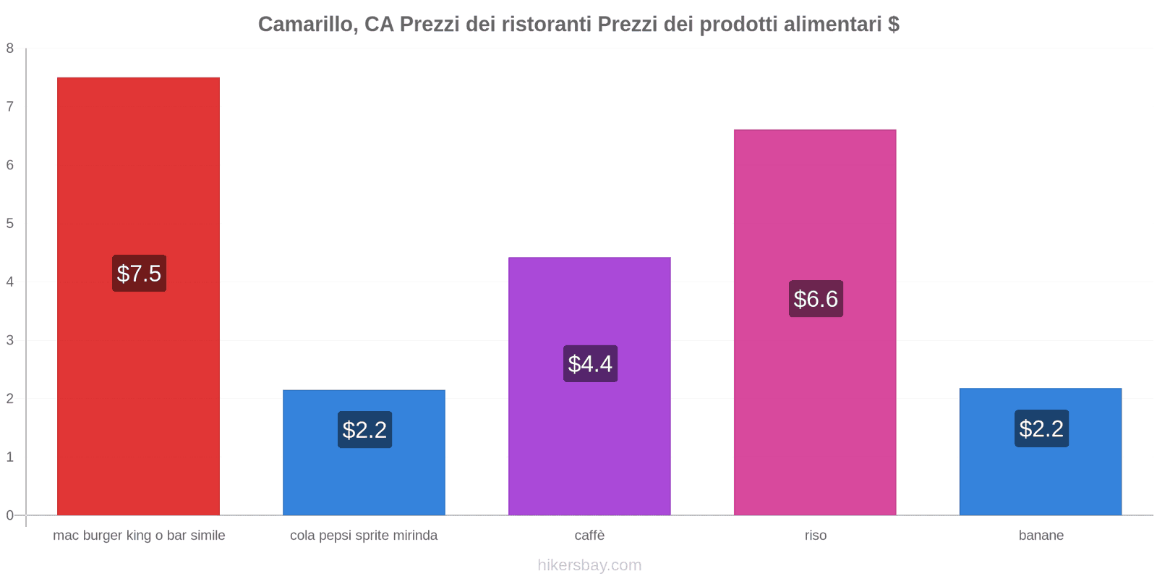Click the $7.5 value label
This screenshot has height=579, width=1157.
(x=139, y=274)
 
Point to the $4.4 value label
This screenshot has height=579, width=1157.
(x=590, y=363)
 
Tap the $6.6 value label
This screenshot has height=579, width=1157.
(x=816, y=299)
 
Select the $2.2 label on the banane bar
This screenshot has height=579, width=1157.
(x=1041, y=428)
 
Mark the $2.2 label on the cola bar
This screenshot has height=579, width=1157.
(x=364, y=430)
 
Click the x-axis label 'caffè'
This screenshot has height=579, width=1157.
(x=589, y=536)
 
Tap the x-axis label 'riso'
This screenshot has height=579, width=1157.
(x=815, y=536)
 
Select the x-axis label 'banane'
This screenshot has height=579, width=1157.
(x=1041, y=536)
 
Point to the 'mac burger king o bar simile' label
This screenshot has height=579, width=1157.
(x=139, y=536)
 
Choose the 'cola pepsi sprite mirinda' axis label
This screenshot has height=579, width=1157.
(x=364, y=536)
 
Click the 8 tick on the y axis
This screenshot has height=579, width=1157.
(x=10, y=48)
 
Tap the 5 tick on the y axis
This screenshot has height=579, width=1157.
(x=10, y=224)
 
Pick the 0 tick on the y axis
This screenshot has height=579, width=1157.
(x=10, y=515)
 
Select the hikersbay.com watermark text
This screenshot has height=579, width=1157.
(x=589, y=565)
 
